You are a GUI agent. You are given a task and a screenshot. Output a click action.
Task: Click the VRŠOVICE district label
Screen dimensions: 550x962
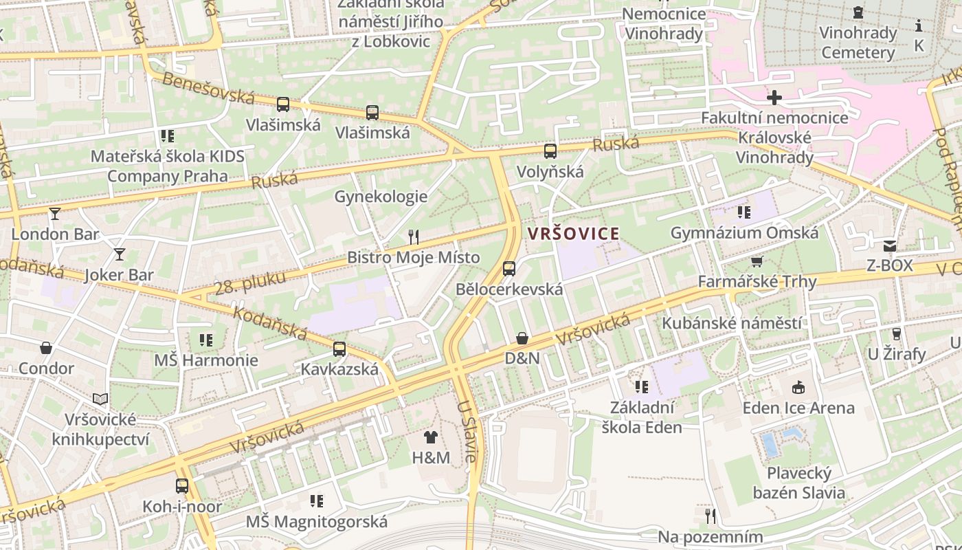tap(574, 234)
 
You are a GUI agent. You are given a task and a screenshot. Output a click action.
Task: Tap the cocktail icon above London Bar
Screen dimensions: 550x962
tap(55, 214)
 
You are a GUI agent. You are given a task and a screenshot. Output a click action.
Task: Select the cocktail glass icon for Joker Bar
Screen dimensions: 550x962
tap(120, 254)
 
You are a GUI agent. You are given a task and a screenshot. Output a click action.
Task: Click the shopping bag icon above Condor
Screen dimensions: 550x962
tap(46, 348)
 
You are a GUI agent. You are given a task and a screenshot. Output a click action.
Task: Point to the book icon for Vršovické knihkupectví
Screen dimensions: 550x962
tap(100, 399)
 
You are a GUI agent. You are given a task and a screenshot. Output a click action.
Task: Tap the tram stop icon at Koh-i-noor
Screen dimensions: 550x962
tap(182, 486)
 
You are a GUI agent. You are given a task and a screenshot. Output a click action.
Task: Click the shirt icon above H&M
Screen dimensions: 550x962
tap(431, 437)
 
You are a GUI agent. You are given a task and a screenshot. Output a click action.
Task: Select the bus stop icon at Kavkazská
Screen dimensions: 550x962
tap(339, 349)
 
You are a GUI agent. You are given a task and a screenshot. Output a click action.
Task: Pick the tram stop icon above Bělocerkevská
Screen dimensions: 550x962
tap(509, 268)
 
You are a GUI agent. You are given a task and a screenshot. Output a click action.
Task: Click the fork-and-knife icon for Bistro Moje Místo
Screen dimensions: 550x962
tap(413, 237)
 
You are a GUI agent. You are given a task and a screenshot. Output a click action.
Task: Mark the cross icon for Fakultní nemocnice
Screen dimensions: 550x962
tap(774, 98)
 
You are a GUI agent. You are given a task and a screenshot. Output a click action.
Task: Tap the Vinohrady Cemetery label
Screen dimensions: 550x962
tap(858, 43)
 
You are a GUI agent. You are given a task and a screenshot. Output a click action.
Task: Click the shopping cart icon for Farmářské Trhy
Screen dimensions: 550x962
tap(757, 261)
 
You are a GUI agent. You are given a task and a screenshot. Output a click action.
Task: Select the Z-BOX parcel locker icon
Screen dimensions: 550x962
tap(890, 245)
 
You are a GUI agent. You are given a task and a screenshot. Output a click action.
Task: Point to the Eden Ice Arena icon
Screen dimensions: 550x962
tap(798, 388)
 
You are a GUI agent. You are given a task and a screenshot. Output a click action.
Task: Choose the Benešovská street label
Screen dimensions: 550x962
tap(208, 88)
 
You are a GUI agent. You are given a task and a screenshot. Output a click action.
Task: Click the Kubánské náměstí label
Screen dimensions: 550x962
tap(731, 323)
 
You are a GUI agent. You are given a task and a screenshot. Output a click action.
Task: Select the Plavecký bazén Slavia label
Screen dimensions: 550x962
tap(799, 483)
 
